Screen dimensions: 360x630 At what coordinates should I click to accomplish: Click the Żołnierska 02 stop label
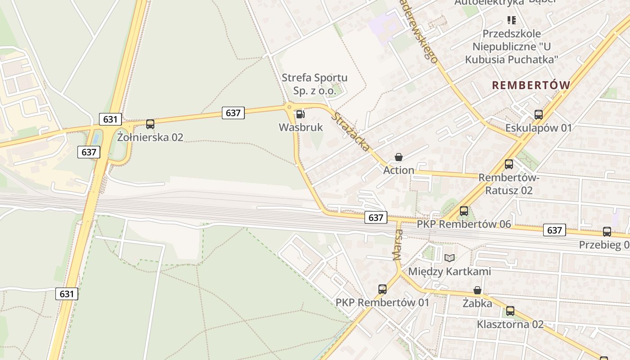(150, 137)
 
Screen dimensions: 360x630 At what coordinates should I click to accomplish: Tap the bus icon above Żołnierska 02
(150, 124)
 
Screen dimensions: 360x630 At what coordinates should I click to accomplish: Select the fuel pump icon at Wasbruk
(300, 114)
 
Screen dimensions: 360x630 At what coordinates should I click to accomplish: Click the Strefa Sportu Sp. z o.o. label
(315, 84)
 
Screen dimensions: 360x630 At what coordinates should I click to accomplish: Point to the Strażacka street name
(351, 131)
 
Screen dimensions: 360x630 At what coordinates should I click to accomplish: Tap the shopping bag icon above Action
(398, 157)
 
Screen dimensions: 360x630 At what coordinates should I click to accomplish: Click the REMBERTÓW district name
(531, 85)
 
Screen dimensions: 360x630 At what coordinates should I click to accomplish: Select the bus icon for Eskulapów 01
(538, 115)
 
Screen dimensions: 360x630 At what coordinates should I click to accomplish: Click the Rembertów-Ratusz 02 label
(508, 184)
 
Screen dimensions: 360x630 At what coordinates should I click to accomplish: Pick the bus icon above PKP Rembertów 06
(464, 211)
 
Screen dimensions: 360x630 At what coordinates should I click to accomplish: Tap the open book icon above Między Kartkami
(449, 258)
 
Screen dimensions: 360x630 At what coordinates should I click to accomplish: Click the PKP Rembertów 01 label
(382, 302)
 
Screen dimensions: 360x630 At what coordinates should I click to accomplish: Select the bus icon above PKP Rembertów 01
(382, 289)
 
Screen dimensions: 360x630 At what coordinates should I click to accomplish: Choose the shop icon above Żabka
(477, 290)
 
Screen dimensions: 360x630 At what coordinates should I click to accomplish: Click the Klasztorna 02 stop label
(510, 324)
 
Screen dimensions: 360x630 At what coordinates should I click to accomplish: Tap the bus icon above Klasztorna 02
(510, 311)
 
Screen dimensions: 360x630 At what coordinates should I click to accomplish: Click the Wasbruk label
(301, 127)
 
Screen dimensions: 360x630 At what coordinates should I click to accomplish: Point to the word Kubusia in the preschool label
(486, 59)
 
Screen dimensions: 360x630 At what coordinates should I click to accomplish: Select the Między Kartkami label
(449, 271)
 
